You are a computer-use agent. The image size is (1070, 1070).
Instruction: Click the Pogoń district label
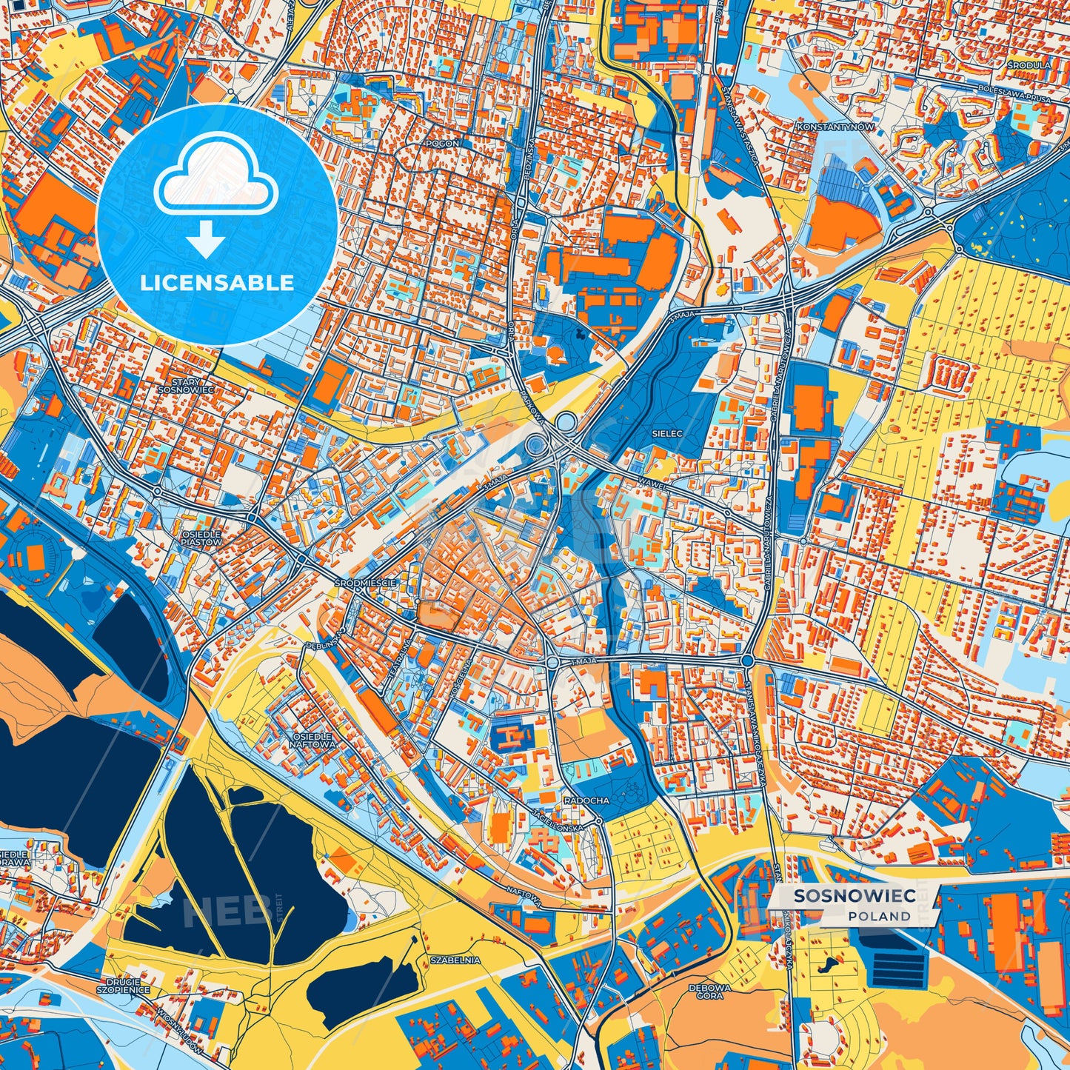[x=442, y=144]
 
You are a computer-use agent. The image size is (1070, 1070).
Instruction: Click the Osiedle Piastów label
[x=201, y=538]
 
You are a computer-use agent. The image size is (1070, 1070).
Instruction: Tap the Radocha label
[x=586, y=800]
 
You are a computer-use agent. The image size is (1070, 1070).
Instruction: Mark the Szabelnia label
[x=455, y=960]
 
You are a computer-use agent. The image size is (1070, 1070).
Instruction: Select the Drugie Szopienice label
[x=124, y=986]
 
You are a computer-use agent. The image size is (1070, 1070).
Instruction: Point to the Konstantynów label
[x=835, y=127]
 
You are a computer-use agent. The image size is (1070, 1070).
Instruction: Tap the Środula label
[x=1029, y=65]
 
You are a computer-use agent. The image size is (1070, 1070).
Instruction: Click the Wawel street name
[x=656, y=487]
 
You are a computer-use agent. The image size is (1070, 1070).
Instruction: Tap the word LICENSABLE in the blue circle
[x=217, y=283]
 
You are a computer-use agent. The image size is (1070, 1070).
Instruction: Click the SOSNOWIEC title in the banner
[x=855, y=896]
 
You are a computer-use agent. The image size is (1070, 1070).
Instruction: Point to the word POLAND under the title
[x=880, y=916]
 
